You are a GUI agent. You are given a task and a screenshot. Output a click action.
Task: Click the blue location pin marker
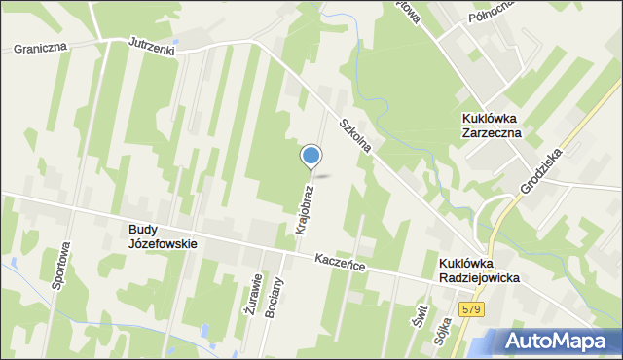311,157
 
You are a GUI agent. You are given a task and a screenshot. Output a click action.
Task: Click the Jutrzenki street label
152,47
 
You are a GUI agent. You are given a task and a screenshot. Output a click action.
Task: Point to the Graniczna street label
38,47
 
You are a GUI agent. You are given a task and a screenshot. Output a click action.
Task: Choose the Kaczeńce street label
340,262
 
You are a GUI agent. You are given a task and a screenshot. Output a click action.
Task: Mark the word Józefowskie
163,244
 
